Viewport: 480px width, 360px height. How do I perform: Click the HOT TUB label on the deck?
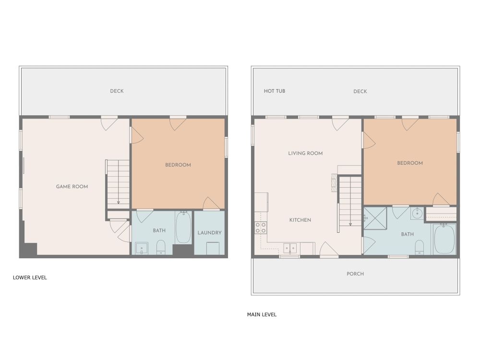pyautogui.click(x=274, y=91)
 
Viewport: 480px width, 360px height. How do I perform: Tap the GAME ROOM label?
pyautogui.click(x=72, y=186)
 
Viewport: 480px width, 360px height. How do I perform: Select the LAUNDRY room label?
pyautogui.click(x=209, y=233)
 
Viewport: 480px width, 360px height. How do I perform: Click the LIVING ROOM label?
pyautogui.click(x=305, y=153)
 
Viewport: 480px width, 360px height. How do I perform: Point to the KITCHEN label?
pyautogui.click(x=300, y=220)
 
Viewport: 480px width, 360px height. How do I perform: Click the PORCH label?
pyautogui.click(x=355, y=274)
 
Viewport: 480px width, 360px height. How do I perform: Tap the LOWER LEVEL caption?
pyautogui.click(x=30, y=277)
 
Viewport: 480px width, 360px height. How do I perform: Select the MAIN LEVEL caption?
pyautogui.click(x=262, y=314)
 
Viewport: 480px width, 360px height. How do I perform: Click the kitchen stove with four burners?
pyautogui.click(x=261, y=228)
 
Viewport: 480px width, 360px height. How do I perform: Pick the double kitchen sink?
pyautogui.click(x=290, y=248)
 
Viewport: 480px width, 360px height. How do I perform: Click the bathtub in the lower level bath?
pyautogui.click(x=183, y=227)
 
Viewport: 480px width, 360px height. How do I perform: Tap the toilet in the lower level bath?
pyautogui.click(x=161, y=247)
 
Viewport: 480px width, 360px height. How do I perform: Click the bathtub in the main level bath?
pyautogui.click(x=444, y=239)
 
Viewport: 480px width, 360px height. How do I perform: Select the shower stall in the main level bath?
pyautogui.click(x=375, y=218)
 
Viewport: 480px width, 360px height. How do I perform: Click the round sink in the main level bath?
pyautogui.click(x=417, y=213)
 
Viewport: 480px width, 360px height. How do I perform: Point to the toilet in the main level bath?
pyautogui.click(x=420, y=247)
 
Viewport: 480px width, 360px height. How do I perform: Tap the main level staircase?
pyautogui.click(x=349, y=201)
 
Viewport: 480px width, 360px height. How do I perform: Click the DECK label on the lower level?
pyautogui.click(x=117, y=91)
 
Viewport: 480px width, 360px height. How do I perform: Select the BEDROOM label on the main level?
pyautogui.click(x=410, y=163)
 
